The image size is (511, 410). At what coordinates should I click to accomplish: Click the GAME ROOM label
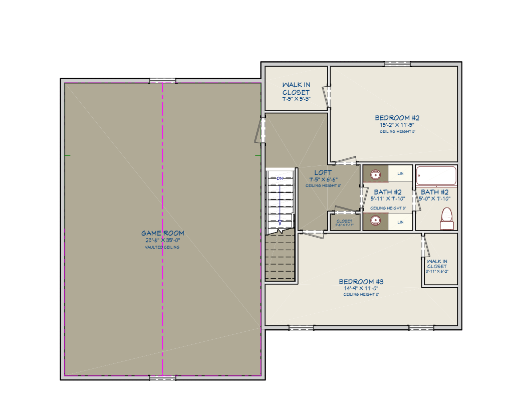click(x=162, y=233)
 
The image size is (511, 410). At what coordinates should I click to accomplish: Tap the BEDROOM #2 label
click(x=397, y=118)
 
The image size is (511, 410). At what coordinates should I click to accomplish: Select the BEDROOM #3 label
click(x=361, y=282)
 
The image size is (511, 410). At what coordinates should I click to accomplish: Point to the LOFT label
click(x=323, y=173)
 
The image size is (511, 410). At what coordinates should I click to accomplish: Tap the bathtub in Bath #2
click(x=436, y=175)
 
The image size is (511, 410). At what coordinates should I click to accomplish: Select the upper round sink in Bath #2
click(x=375, y=174)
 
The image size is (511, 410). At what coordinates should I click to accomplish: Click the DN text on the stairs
click(x=280, y=178)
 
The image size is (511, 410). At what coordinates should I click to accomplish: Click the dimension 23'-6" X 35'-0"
click(x=162, y=240)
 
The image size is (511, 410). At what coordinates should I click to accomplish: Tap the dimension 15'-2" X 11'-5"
click(x=397, y=125)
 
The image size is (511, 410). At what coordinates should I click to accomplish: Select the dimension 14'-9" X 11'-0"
click(x=361, y=288)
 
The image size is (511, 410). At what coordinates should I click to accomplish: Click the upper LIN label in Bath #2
click(x=400, y=173)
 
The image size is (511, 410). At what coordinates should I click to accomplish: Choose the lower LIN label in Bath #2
click(x=400, y=221)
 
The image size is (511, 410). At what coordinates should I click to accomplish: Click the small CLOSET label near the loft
click(x=344, y=221)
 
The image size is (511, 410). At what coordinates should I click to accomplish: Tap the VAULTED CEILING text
click(x=162, y=247)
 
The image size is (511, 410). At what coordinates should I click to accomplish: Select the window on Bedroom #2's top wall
click(x=397, y=64)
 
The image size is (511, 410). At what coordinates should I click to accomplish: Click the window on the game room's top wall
click(x=163, y=81)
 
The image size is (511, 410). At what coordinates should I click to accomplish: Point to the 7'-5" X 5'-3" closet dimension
click(x=296, y=99)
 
